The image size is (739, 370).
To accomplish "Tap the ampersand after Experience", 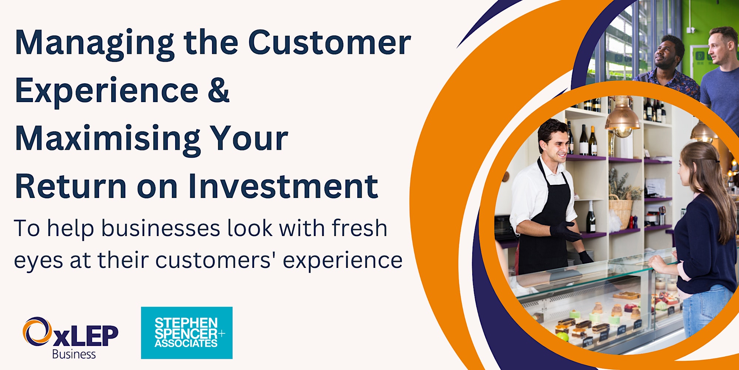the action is coord(218,90).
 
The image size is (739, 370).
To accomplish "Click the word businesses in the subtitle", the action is coord(161,228).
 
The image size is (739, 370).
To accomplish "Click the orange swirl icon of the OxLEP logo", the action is coord(37,331).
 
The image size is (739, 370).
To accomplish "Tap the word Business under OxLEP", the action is coord(74,354).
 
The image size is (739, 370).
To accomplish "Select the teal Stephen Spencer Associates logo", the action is coord(187,333).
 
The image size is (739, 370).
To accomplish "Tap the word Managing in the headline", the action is coord(95,44).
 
